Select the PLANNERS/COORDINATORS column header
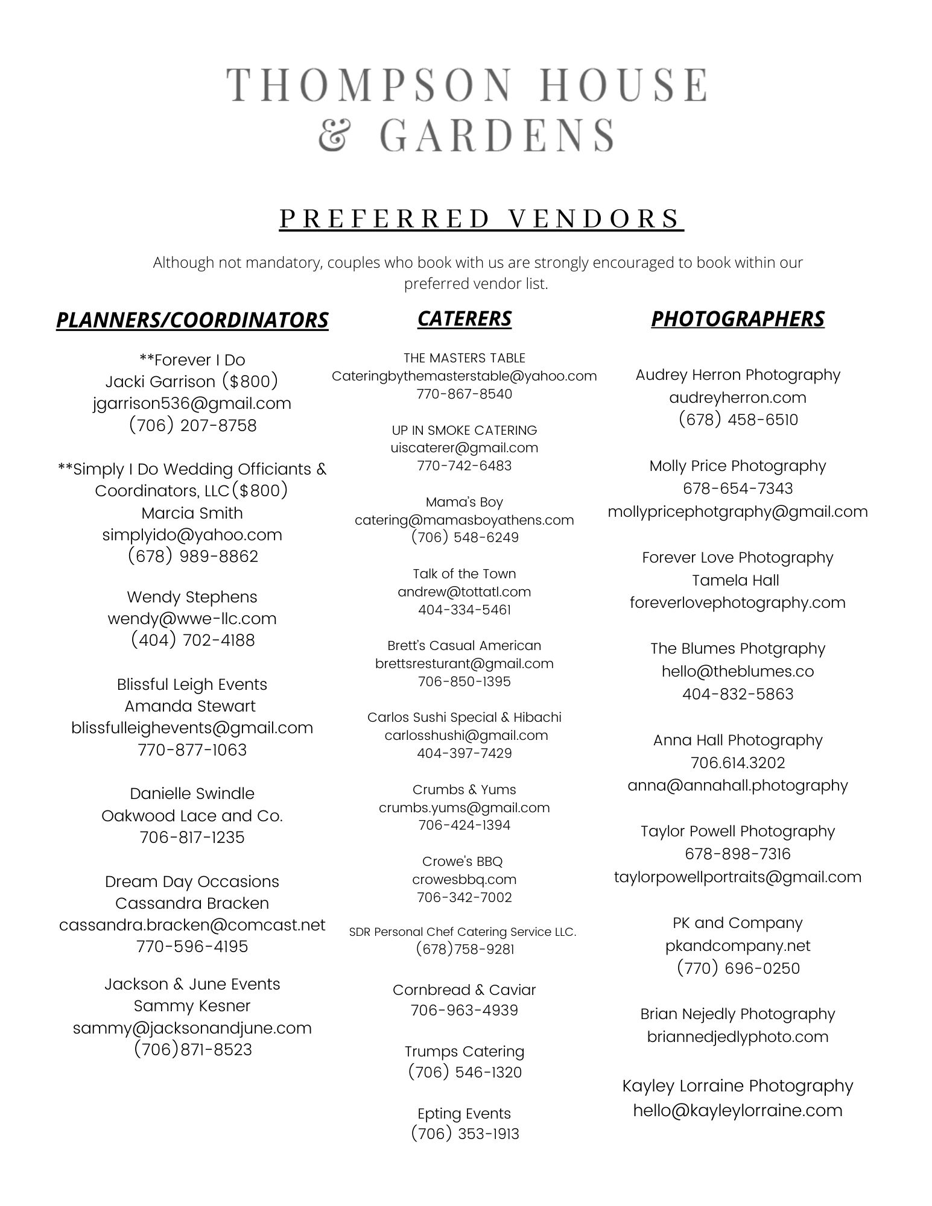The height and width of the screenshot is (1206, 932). point(192,320)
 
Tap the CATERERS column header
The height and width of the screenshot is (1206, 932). point(464,318)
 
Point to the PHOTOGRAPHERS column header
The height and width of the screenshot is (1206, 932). point(737,318)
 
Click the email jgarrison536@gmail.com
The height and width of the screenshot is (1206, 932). point(192,403)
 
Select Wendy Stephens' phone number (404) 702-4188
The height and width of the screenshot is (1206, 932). point(192,640)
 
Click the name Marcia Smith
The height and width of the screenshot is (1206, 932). point(192,513)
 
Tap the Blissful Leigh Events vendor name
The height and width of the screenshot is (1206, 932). point(192,684)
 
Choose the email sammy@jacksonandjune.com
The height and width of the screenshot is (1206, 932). point(192,1028)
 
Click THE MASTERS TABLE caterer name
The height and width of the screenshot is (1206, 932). point(464,358)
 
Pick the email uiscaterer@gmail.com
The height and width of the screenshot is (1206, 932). point(464,447)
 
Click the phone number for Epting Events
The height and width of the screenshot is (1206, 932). point(464,1134)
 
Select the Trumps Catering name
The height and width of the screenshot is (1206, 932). point(464,1051)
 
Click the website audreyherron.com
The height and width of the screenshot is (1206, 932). point(737,397)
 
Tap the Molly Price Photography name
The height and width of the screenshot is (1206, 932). point(737,466)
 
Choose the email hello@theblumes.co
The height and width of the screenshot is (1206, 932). point(737,671)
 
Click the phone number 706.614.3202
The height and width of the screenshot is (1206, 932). point(737,763)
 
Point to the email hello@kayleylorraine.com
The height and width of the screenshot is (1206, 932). point(737,1110)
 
